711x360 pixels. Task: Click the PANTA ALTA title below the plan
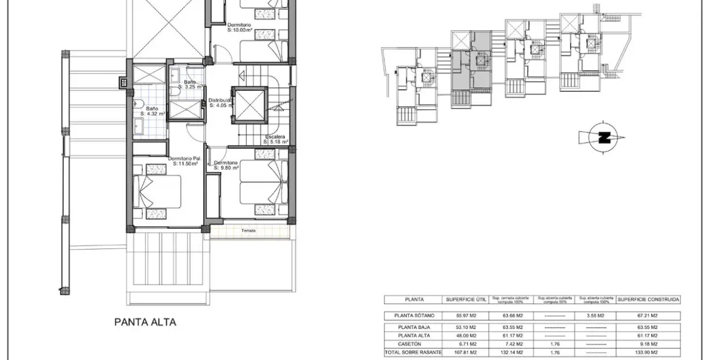145,322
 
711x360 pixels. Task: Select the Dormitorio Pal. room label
186,161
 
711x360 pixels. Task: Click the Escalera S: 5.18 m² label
276,139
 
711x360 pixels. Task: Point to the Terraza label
248,231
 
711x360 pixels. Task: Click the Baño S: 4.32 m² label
150,110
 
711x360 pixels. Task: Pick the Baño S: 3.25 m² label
190,84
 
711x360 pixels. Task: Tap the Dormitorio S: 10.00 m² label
239,27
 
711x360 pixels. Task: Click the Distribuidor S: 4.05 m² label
221,103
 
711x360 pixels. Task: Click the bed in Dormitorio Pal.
158,191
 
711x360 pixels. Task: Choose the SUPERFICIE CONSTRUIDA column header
648,300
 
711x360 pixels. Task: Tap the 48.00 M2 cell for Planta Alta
464,336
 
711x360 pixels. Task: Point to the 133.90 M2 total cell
648,353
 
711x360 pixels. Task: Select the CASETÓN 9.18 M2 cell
648,344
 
